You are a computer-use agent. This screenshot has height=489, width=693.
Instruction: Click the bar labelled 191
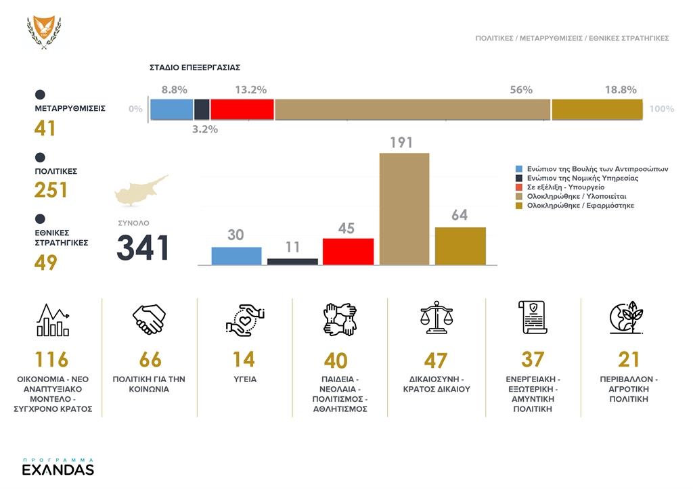pos(405,208)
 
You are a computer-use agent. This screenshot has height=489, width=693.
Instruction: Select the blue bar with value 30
pos(236,256)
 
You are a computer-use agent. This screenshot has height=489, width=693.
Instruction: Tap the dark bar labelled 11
pos(292,261)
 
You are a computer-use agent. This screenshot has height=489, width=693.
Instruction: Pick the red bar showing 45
pos(349,251)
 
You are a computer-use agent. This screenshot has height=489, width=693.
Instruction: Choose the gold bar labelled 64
pos(460,246)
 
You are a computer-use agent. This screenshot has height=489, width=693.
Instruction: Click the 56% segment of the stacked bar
pos(412,110)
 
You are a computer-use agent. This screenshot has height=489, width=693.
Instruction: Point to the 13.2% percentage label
pos(250,90)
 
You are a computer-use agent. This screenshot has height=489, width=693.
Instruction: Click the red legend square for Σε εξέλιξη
pos(519,187)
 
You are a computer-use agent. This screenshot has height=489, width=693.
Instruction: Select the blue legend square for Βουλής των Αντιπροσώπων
pos(519,169)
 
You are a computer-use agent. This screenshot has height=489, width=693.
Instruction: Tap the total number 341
pos(143,248)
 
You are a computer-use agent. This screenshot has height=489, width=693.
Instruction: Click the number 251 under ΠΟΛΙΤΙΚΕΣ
pos(51,190)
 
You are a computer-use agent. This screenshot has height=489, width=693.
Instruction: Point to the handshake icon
pos(149,319)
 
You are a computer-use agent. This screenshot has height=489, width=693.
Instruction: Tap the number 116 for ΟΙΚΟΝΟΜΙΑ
pos(51,359)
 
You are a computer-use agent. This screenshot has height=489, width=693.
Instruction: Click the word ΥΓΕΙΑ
pos(244,379)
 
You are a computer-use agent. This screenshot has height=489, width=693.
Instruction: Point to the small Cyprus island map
pos(141,190)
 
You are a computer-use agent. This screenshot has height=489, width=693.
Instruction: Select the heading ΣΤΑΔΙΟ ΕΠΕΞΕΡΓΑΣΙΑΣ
pos(195,68)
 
